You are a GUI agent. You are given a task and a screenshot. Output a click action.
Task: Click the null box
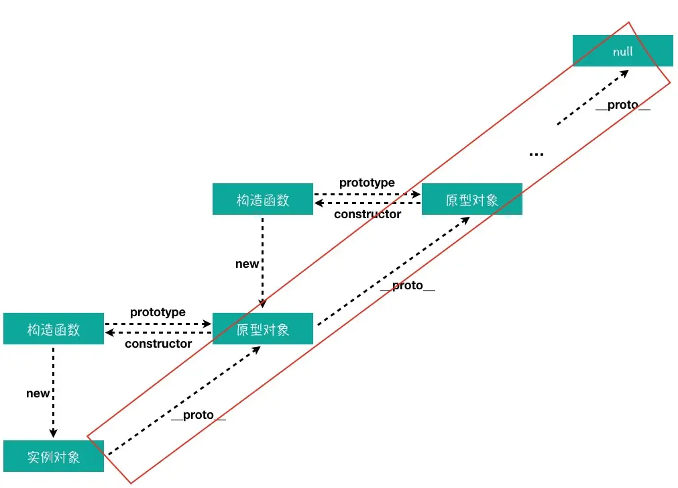(x=622, y=51)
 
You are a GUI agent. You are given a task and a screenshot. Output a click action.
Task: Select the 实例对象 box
(x=54, y=456)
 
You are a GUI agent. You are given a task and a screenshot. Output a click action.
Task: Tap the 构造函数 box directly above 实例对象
(x=54, y=329)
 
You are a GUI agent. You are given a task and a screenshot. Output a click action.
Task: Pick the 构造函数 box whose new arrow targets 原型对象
(x=262, y=199)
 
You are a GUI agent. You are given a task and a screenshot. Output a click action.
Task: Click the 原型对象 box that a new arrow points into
(x=262, y=329)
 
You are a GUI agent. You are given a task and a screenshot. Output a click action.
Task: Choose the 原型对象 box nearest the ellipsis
(x=471, y=199)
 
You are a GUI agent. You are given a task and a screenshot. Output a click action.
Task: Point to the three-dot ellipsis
(x=536, y=154)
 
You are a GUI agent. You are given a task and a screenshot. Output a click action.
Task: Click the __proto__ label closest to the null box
(x=623, y=106)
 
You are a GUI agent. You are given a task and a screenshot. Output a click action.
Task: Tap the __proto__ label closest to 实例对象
(x=199, y=415)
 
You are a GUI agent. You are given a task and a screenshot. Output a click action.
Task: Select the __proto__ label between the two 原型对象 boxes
(x=408, y=286)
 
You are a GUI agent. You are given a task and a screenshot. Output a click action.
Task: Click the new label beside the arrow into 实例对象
(x=38, y=393)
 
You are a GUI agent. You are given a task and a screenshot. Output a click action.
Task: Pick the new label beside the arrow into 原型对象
(x=247, y=264)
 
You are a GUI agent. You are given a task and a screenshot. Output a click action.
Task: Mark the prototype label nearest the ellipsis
(x=367, y=183)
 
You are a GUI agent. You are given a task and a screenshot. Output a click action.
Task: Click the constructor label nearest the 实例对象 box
(x=158, y=344)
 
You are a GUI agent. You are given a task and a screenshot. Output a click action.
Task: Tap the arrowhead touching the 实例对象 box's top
(x=54, y=433)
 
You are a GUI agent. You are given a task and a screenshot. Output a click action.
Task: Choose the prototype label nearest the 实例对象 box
(x=158, y=312)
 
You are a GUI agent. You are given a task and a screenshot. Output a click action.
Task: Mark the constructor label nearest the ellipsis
(x=368, y=214)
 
